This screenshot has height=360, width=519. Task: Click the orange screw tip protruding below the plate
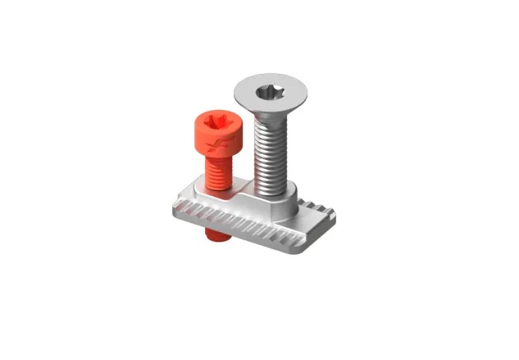(216, 236)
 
